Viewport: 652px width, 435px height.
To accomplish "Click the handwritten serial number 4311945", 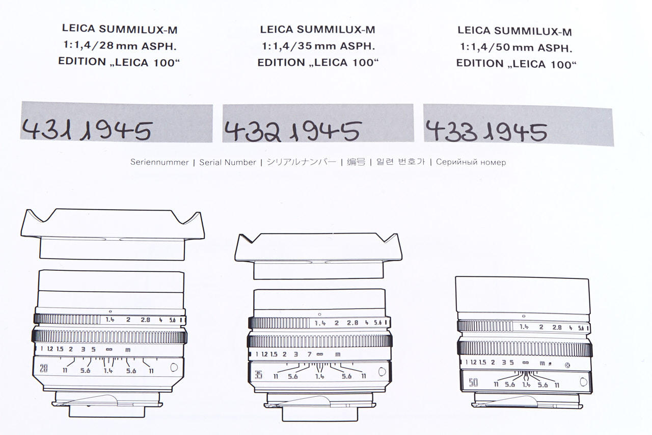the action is click(87, 130).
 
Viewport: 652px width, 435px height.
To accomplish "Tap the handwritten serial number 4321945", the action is click(292, 132).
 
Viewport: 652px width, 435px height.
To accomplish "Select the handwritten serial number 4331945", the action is click(486, 132).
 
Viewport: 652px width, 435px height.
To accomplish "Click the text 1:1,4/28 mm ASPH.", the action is click(120, 45).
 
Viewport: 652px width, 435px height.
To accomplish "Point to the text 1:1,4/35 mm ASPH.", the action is click(318, 46).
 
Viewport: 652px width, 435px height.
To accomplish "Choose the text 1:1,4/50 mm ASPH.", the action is click(516, 47).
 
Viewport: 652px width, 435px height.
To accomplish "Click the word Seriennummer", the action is click(159, 162).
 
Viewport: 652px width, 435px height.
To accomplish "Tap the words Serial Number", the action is click(228, 162).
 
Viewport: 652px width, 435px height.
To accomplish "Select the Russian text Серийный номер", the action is click(471, 162).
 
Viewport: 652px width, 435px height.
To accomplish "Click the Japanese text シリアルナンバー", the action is click(301, 162).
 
